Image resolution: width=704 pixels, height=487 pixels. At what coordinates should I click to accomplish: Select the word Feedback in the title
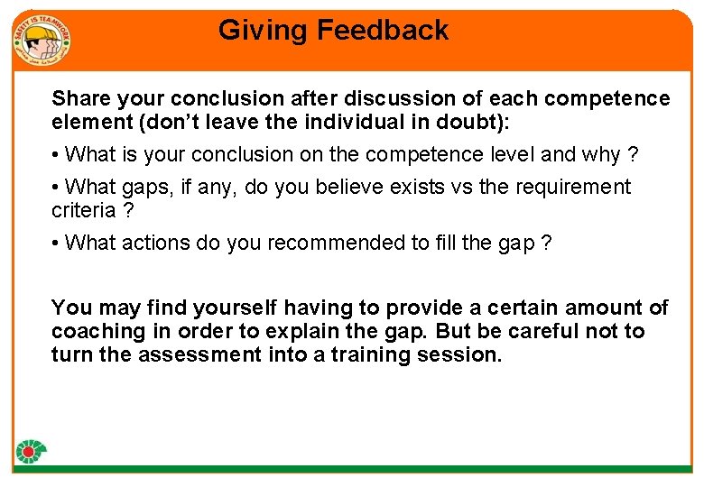click(382, 31)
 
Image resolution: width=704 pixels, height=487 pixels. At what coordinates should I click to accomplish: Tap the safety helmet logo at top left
click(42, 40)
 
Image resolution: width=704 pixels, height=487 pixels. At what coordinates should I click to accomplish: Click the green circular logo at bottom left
click(32, 452)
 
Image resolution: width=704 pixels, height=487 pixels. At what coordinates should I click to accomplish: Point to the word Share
click(79, 97)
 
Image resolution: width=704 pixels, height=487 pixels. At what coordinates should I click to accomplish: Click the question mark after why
click(633, 155)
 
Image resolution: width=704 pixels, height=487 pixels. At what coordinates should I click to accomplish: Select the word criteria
click(84, 210)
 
